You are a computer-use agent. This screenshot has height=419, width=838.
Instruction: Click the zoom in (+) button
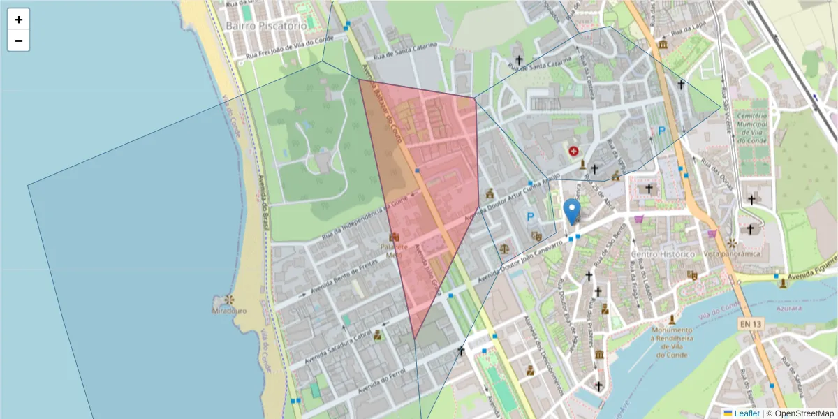tap(19, 20)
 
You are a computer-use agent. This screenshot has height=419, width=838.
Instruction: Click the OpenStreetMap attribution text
tap(804, 413)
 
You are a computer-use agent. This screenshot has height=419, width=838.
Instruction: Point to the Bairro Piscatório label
tap(266, 25)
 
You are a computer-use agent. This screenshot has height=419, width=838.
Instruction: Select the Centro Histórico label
tap(663, 254)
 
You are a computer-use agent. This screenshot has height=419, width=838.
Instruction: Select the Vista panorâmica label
tap(731, 254)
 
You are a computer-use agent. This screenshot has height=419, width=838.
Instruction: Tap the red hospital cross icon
tap(574, 151)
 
